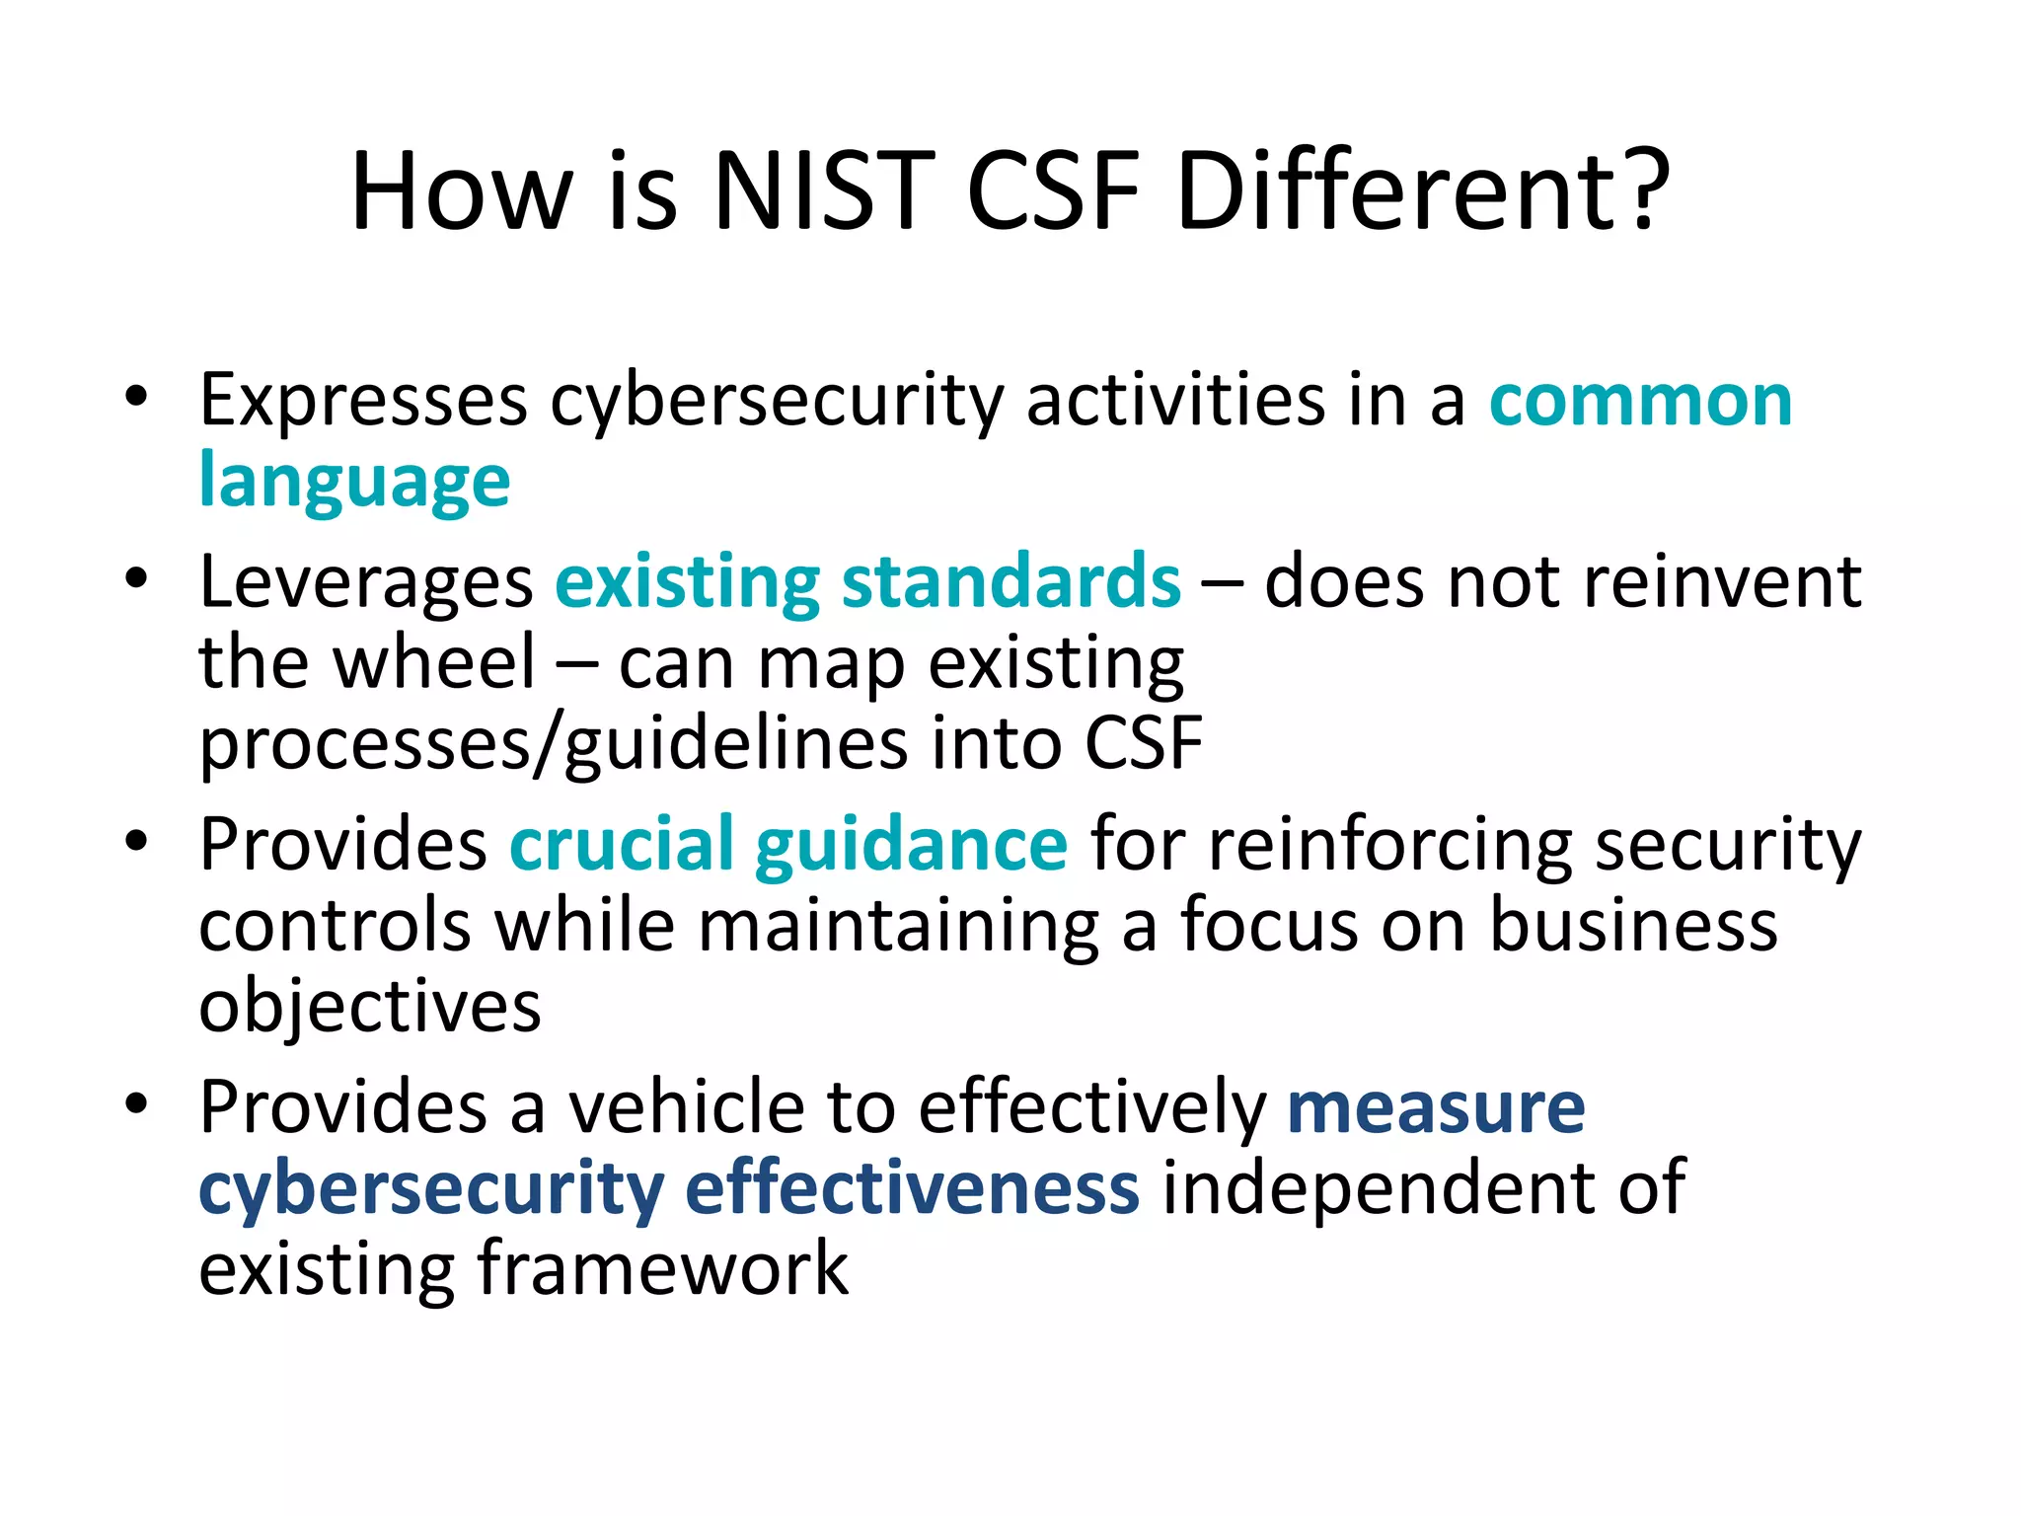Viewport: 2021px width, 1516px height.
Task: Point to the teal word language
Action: tap(354, 483)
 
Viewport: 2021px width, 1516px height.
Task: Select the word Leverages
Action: tap(365, 582)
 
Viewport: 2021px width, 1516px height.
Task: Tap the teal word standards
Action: tap(1010, 582)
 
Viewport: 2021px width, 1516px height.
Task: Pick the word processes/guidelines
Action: tap(553, 744)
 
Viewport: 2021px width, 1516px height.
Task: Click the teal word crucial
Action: tap(622, 844)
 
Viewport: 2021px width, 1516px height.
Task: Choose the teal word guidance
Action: tap(911, 846)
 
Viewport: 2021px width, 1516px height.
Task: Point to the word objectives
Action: tap(370, 1007)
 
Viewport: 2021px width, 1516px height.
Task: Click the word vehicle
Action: tap(686, 1107)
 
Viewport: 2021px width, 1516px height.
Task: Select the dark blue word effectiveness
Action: tap(912, 1188)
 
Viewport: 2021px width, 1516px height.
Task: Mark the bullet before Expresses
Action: tap(136, 398)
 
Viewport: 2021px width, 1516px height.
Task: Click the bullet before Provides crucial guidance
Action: tap(136, 842)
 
